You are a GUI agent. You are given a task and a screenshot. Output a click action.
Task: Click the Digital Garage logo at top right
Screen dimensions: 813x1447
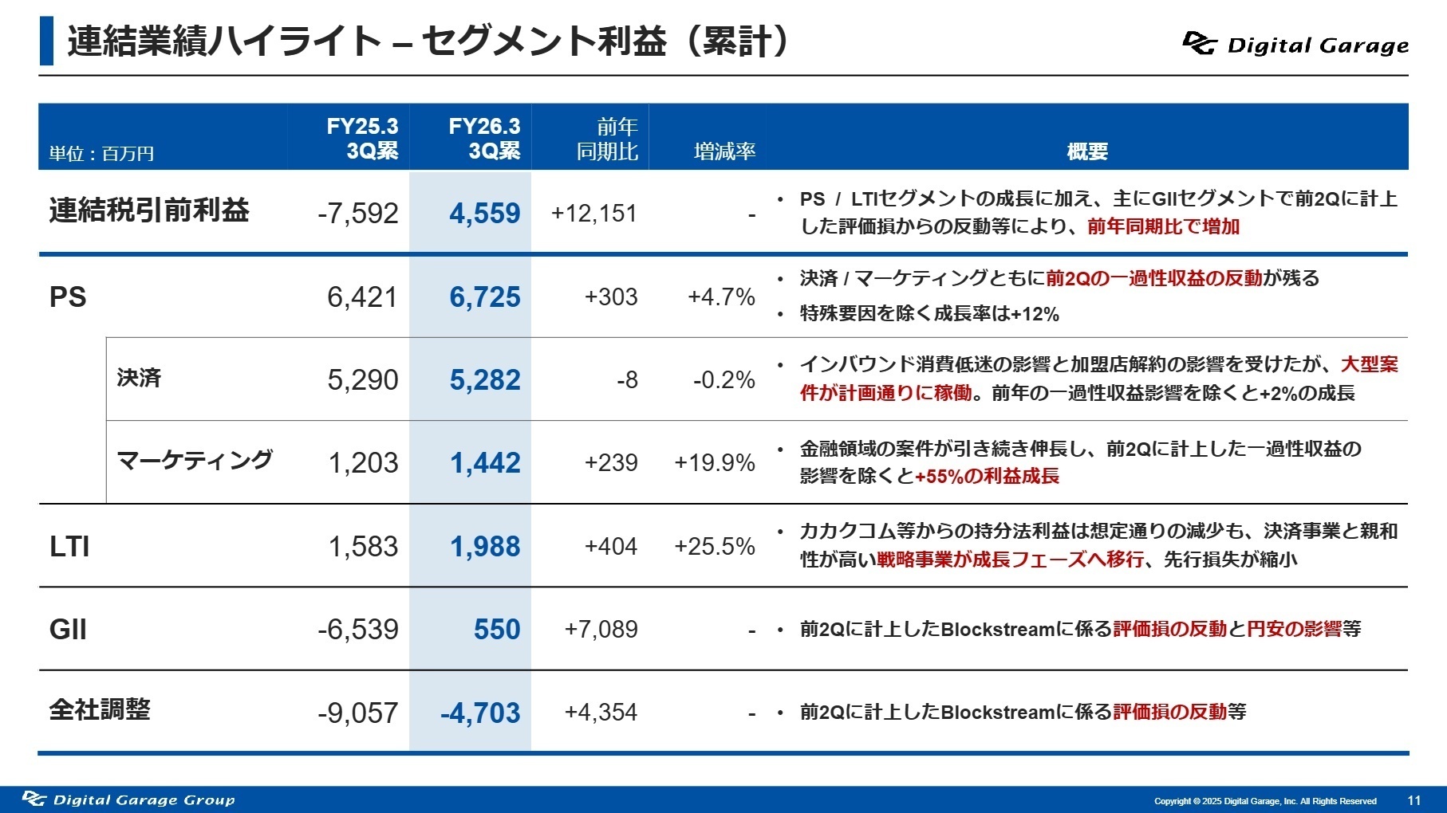pyautogui.click(x=1295, y=44)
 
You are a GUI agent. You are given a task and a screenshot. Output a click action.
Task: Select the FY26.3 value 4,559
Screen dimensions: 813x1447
pyautogui.click(x=484, y=213)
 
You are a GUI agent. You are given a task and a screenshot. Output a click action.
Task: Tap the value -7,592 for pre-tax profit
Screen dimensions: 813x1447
pyautogui.click(x=357, y=213)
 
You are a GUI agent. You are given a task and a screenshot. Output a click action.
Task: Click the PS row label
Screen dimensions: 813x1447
pyautogui.click(x=68, y=297)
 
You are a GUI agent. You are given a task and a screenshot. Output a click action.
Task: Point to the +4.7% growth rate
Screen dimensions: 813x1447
pyautogui.click(x=721, y=297)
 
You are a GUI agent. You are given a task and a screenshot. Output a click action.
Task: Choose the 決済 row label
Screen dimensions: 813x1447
pyautogui.click(x=139, y=378)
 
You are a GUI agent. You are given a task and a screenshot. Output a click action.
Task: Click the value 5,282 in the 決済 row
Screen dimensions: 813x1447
pyautogui.click(x=484, y=380)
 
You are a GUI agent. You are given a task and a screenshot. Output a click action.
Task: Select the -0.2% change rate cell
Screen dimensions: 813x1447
pyautogui.click(x=723, y=380)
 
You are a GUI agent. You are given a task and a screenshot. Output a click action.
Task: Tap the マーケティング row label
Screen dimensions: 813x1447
pyautogui.click(x=194, y=461)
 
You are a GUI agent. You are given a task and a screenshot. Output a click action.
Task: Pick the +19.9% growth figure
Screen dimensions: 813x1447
pyautogui.click(x=715, y=463)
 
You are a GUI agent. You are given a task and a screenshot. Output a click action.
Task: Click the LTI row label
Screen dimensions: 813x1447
pyautogui.click(x=69, y=547)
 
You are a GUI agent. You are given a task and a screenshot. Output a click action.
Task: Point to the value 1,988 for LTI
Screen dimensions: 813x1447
pyautogui.click(x=484, y=547)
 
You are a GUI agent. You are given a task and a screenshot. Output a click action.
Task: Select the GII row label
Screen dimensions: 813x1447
pyautogui.click(x=68, y=630)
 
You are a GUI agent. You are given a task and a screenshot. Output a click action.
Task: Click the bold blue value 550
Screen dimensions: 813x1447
pyautogui.click(x=496, y=630)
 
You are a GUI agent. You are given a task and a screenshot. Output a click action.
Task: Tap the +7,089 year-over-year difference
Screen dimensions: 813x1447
pyautogui.click(x=601, y=630)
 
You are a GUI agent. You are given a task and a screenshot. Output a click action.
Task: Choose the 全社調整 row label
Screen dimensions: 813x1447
pyautogui.click(x=100, y=709)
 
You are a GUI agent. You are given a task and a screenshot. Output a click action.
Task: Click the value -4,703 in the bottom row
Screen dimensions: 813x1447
pyautogui.click(x=480, y=713)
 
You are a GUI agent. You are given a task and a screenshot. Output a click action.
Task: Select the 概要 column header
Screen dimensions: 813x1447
pyautogui.click(x=1087, y=151)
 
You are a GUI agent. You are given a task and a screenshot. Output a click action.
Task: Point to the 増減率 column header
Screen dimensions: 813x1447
pyautogui.click(x=724, y=151)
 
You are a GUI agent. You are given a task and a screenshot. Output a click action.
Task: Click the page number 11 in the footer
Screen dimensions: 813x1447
pyautogui.click(x=1413, y=800)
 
